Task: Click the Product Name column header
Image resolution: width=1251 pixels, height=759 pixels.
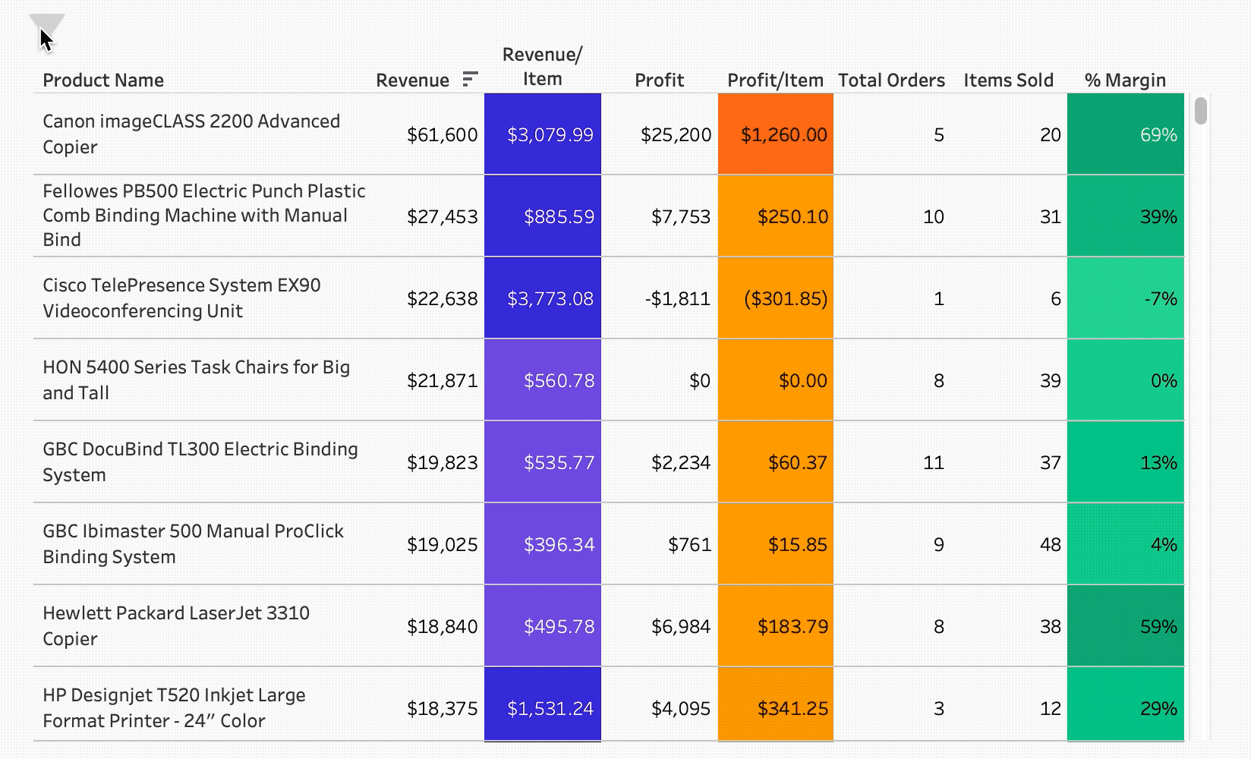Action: pyautogui.click(x=103, y=80)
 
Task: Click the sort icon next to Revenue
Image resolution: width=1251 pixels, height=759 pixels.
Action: pyautogui.click(x=470, y=79)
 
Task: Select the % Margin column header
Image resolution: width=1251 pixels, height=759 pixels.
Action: pyautogui.click(x=1125, y=80)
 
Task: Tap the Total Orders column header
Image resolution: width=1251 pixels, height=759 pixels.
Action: pyautogui.click(x=891, y=80)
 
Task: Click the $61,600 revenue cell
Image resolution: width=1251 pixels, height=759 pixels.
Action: pyautogui.click(x=442, y=135)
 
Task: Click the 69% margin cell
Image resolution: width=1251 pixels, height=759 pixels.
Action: pyautogui.click(x=1126, y=135)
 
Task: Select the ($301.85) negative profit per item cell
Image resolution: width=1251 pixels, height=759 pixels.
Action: pyautogui.click(x=785, y=299)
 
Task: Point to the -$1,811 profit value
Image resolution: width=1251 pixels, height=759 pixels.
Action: pyautogui.click(x=677, y=299)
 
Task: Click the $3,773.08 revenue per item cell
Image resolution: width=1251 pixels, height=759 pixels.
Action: pyautogui.click(x=550, y=299)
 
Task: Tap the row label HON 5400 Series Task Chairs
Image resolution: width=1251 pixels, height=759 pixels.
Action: pyautogui.click(x=196, y=379)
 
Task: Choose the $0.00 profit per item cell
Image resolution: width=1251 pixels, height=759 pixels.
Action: pyautogui.click(x=802, y=381)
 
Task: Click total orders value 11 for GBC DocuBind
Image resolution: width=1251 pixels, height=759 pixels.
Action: pyautogui.click(x=933, y=463)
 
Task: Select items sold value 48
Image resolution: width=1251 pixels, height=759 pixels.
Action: pyautogui.click(x=1050, y=545)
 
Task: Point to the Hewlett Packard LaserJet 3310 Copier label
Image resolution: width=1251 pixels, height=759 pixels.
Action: pyautogui.click(x=176, y=625)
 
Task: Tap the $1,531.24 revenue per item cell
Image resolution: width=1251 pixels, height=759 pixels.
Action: pyautogui.click(x=550, y=709)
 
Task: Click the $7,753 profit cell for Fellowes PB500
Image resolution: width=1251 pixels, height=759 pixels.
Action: pyautogui.click(x=680, y=217)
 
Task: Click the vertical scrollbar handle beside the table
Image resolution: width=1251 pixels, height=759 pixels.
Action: pyautogui.click(x=1200, y=111)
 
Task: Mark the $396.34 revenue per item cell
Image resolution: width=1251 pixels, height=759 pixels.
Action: pyautogui.click(x=559, y=545)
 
